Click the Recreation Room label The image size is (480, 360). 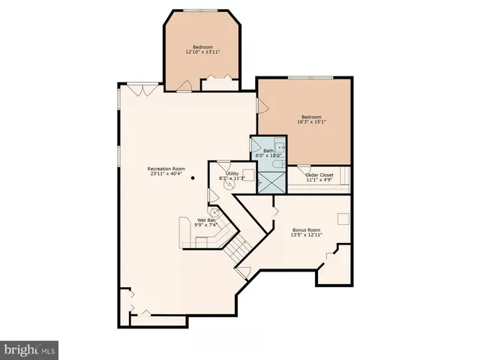coord(166,169)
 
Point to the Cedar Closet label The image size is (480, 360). coord(320,175)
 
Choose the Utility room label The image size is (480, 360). coord(232,173)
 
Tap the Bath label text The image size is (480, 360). coord(268,151)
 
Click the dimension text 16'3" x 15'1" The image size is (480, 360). coord(311,122)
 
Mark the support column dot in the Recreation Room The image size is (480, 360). coord(193,178)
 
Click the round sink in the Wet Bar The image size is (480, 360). coord(214,212)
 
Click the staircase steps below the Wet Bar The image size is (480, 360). coord(238,245)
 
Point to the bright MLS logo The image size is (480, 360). coord(29,349)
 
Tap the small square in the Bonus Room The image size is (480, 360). coord(343,217)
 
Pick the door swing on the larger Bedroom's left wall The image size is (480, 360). coord(262,106)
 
